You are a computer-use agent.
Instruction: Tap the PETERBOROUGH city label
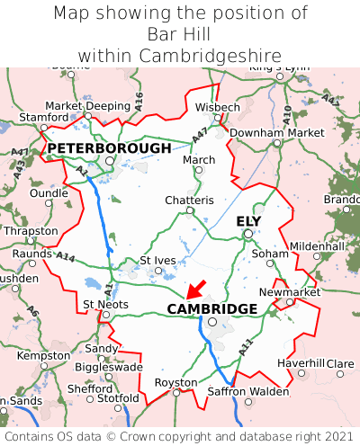[109, 147]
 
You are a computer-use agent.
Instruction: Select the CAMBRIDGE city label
[212, 309]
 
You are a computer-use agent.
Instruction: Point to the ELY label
[249, 221]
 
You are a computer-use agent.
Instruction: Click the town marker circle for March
[199, 170]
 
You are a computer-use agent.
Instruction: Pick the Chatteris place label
[189, 200]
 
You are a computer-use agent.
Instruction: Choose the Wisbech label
[218, 107]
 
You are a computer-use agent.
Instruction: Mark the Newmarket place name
[289, 292]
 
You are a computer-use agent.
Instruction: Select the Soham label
[270, 253]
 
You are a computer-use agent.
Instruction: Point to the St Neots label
[106, 304]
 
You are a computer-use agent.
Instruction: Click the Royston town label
[175, 382]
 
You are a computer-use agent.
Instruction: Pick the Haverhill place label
[301, 362]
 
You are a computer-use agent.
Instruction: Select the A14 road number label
[65, 257]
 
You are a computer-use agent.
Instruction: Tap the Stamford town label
[44, 117]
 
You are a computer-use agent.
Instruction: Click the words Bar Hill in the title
[179, 34]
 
